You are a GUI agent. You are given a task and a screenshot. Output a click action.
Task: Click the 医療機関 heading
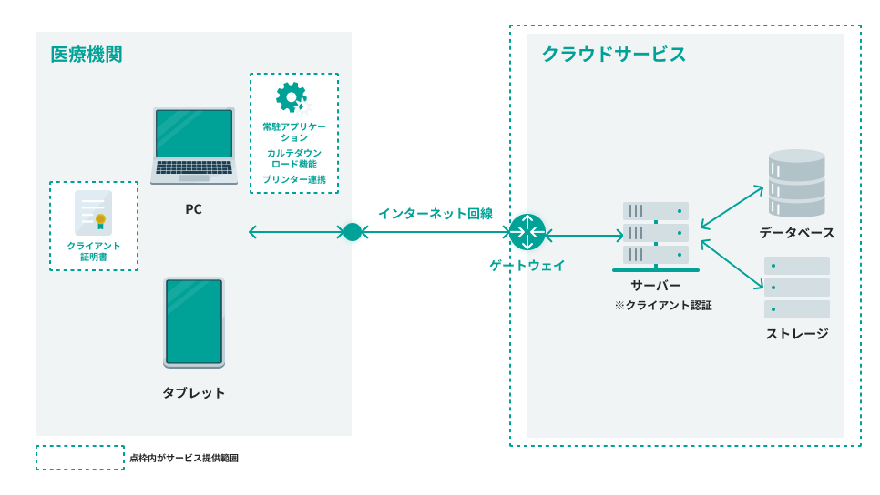87,55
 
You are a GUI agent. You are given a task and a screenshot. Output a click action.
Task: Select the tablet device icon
194,322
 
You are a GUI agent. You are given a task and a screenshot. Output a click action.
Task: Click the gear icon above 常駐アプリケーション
292,96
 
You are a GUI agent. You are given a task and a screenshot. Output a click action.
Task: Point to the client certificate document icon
94,213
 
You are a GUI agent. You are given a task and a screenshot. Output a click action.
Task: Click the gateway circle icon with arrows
527,232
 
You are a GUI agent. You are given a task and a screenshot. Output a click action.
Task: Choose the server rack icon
656,236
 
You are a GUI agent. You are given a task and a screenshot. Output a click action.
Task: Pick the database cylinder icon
796,178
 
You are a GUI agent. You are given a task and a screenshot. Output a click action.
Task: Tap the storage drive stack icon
796,288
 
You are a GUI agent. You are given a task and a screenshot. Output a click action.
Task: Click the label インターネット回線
435,214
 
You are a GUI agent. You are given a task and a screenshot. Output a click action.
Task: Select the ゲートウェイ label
527,266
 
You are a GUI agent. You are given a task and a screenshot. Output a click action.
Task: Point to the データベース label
797,233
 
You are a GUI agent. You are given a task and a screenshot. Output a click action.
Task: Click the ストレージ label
797,334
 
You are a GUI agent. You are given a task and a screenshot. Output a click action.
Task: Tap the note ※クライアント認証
662,307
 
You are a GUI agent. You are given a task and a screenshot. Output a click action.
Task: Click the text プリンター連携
294,180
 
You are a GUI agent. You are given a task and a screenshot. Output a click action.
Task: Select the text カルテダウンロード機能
294,158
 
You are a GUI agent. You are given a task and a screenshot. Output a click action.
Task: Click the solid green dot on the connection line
353,232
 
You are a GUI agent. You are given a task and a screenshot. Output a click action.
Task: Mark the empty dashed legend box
80,458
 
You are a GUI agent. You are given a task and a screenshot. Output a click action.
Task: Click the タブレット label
194,393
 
